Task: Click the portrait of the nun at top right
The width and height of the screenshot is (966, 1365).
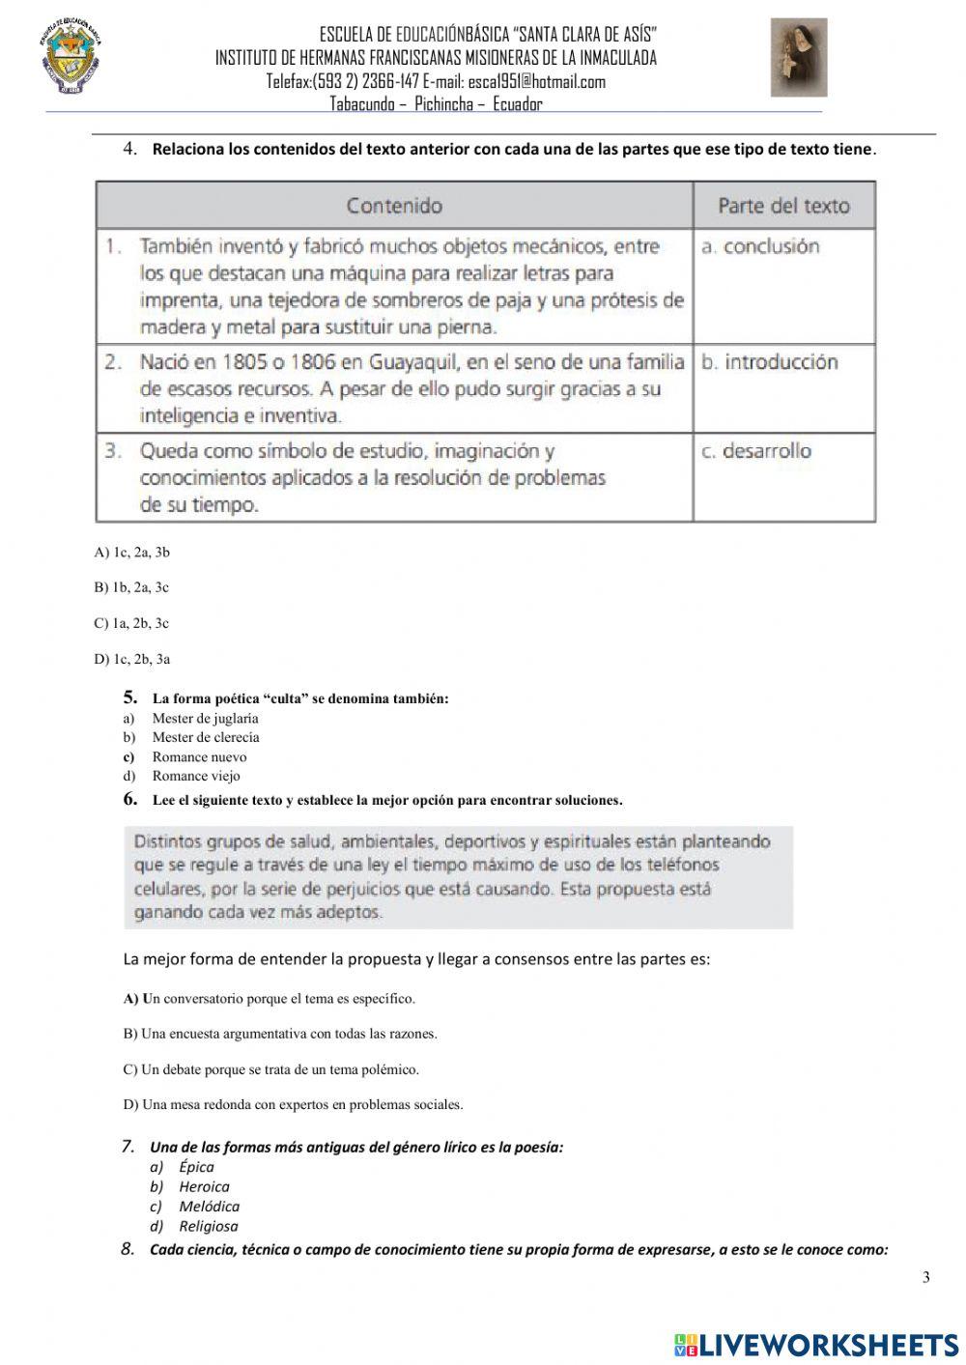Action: tap(798, 58)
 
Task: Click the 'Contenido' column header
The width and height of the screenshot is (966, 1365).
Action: tap(394, 206)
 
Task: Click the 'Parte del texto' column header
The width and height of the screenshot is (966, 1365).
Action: tap(783, 206)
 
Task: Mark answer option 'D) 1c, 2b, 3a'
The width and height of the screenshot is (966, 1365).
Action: tap(132, 660)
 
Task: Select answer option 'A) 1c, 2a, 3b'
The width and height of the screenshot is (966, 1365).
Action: tap(132, 553)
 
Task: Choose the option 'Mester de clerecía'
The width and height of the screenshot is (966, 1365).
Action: tap(206, 737)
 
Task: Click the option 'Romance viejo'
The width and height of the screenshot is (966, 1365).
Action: tap(196, 776)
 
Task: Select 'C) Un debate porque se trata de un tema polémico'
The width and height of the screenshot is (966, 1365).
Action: tap(271, 1069)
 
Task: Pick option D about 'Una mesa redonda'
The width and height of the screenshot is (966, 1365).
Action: tap(293, 1104)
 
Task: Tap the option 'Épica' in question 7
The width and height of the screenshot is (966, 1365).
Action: tap(196, 1167)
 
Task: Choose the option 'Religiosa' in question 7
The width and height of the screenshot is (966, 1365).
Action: tap(208, 1226)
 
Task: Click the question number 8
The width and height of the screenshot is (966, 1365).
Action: tap(128, 1249)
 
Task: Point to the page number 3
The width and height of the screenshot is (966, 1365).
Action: tap(925, 1278)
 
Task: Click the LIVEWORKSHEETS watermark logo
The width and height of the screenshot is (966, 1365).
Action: tap(816, 1345)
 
